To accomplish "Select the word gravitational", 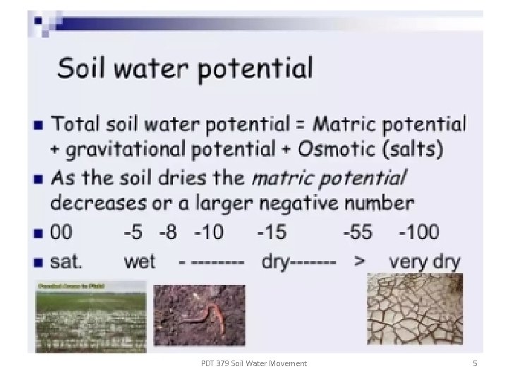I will pyautogui.click(x=130, y=150).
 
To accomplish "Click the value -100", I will pyautogui.click(x=418, y=232).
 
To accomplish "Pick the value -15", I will pyautogui.click(x=272, y=232).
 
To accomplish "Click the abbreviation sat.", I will pyautogui.click(x=67, y=262).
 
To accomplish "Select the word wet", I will pyautogui.click(x=139, y=262).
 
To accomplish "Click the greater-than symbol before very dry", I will pyautogui.click(x=360, y=262).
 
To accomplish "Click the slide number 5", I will pyautogui.click(x=475, y=363).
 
